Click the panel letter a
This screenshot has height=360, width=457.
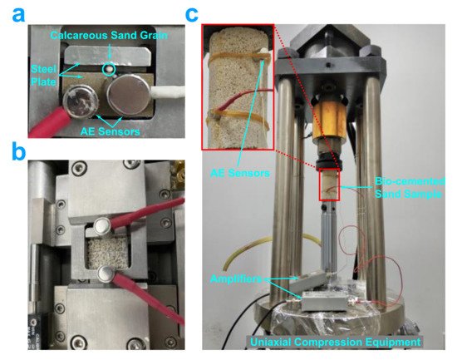pyautogui.click(x=18, y=15)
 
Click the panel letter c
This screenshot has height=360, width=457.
pyautogui.click(x=191, y=15)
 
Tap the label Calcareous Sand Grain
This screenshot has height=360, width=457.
pyautogui.click(x=109, y=35)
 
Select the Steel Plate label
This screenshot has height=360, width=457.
pyautogui.click(x=43, y=76)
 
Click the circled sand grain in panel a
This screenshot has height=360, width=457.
pyautogui.click(x=108, y=70)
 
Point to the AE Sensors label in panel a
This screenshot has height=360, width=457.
pyautogui.click(x=111, y=131)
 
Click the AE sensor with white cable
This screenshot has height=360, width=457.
pyautogui.click(x=127, y=92)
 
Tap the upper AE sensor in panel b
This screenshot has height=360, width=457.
pyautogui.click(x=101, y=226)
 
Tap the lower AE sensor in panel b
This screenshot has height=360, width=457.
pyautogui.click(x=106, y=274)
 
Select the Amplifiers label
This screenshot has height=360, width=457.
pyautogui.click(x=235, y=279)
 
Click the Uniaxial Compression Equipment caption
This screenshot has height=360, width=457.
pyautogui.click(x=336, y=342)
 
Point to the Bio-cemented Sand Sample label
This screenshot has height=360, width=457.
pyautogui.click(x=410, y=187)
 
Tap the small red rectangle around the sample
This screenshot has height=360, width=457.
pyautogui.click(x=329, y=185)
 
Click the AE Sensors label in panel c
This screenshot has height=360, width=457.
pyautogui.click(x=240, y=173)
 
